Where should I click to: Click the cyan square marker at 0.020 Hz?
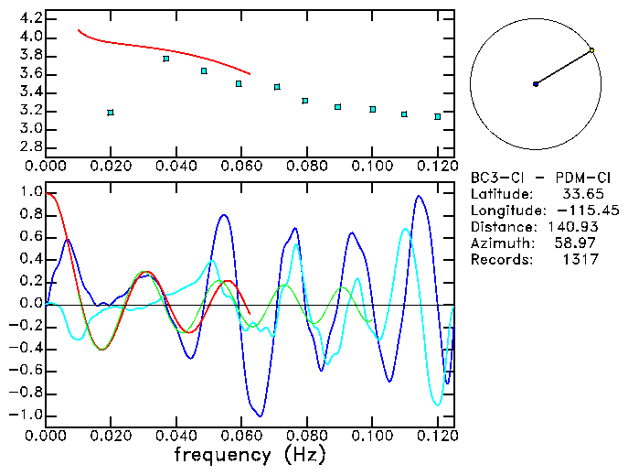[x=111, y=113]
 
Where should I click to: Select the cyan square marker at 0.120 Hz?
[x=438, y=117]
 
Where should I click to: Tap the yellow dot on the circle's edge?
[x=592, y=50]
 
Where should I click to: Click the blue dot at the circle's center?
[x=536, y=84]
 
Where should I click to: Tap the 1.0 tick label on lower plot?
[x=31, y=192]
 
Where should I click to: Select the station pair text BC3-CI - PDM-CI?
[x=533, y=178]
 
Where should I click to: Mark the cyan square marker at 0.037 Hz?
[x=165, y=59]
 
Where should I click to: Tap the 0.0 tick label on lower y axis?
[x=31, y=304]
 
